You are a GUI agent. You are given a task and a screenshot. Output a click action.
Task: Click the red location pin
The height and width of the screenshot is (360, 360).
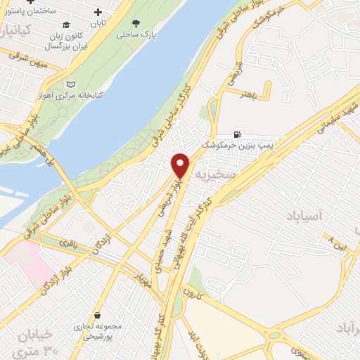tap(181, 165)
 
